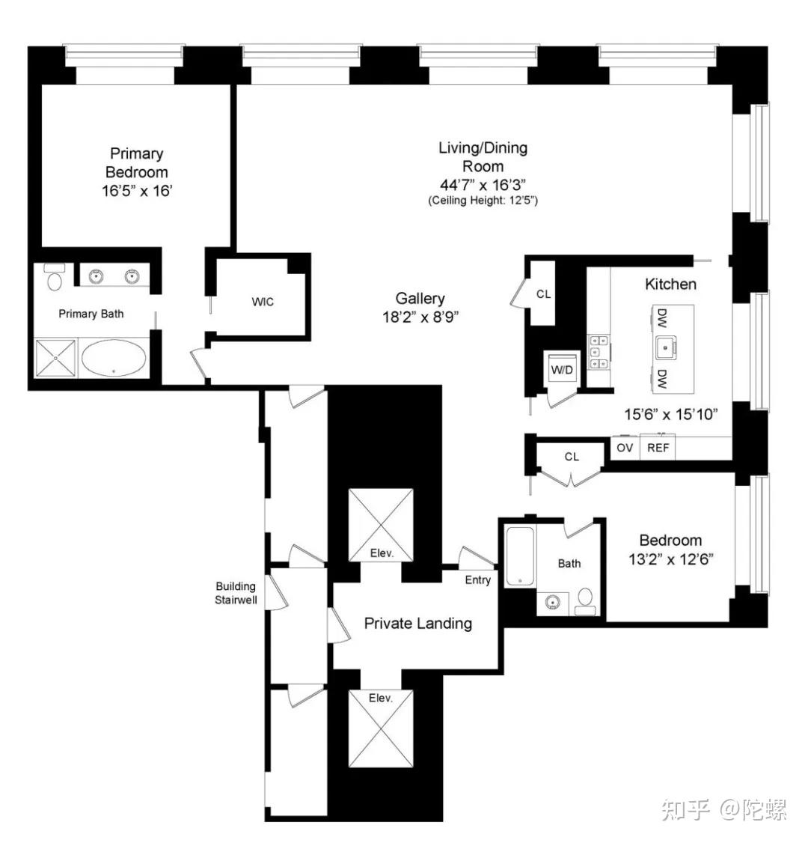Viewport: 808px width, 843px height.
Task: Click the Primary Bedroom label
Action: pyautogui.click(x=136, y=163)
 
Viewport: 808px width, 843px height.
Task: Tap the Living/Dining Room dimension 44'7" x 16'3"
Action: pyautogui.click(x=483, y=185)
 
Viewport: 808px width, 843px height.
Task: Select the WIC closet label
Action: pyautogui.click(x=263, y=302)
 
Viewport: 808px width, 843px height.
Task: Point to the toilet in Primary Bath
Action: pyautogui.click(x=55, y=277)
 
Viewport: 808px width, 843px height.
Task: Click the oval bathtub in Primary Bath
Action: pyautogui.click(x=114, y=357)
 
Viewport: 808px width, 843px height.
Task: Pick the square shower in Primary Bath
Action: pyautogui.click(x=55, y=358)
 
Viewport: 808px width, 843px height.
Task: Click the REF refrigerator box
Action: pyautogui.click(x=658, y=448)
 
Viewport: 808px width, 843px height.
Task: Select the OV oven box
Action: pyautogui.click(x=625, y=448)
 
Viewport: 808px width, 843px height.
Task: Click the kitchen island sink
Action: pyautogui.click(x=666, y=347)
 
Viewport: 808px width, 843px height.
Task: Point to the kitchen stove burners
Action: pyautogui.click(x=598, y=352)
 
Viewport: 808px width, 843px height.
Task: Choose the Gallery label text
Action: pyautogui.click(x=420, y=299)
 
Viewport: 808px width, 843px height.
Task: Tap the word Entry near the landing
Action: pyautogui.click(x=477, y=579)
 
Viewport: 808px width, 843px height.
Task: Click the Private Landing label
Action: pyautogui.click(x=418, y=623)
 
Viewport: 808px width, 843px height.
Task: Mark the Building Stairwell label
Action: pyautogui.click(x=236, y=593)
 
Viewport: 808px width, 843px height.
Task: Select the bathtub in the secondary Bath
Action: pyautogui.click(x=520, y=556)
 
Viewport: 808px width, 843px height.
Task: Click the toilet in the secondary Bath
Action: pyautogui.click(x=585, y=602)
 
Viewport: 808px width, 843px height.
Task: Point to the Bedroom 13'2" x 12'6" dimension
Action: pyautogui.click(x=670, y=559)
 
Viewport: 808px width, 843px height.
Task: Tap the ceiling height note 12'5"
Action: pyautogui.click(x=483, y=201)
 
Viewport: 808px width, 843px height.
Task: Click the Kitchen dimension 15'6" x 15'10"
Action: pyautogui.click(x=670, y=414)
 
